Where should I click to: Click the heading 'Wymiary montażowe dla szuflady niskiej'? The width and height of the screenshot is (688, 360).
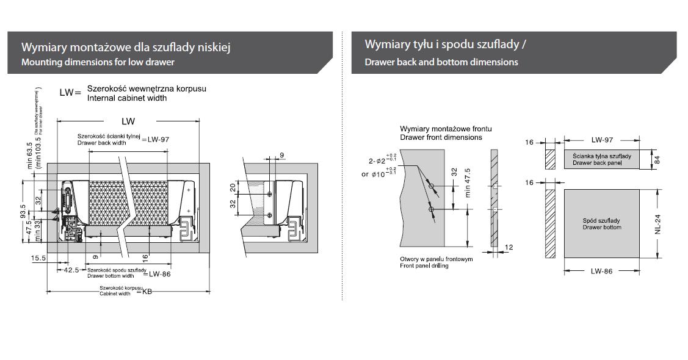click(125, 47)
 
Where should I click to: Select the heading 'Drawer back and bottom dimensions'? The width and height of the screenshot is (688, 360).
click(441, 62)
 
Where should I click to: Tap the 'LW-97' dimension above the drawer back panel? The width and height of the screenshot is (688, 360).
click(601, 140)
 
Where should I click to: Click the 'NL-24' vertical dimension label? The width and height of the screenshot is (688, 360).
click(657, 223)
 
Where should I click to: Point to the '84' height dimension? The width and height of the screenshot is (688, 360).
click(657, 159)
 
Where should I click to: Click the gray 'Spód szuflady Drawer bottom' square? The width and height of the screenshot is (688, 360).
click(601, 223)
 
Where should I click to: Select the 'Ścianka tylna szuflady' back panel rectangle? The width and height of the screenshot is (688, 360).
click(601, 160)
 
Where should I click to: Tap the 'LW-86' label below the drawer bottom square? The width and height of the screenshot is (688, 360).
click(601, 271)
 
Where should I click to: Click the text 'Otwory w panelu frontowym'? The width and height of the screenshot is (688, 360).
click(436, 259)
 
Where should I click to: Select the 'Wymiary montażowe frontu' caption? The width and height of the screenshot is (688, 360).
click(446, 129)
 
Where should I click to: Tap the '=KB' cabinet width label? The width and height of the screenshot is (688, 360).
click(147, 292)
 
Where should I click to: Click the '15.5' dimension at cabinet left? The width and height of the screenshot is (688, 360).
click(38, 259)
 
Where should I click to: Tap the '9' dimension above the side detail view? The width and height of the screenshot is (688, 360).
click(281, 156)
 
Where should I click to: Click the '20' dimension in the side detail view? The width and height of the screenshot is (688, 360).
click(233, 187)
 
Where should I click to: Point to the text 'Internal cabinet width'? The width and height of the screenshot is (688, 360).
click(127, 98)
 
